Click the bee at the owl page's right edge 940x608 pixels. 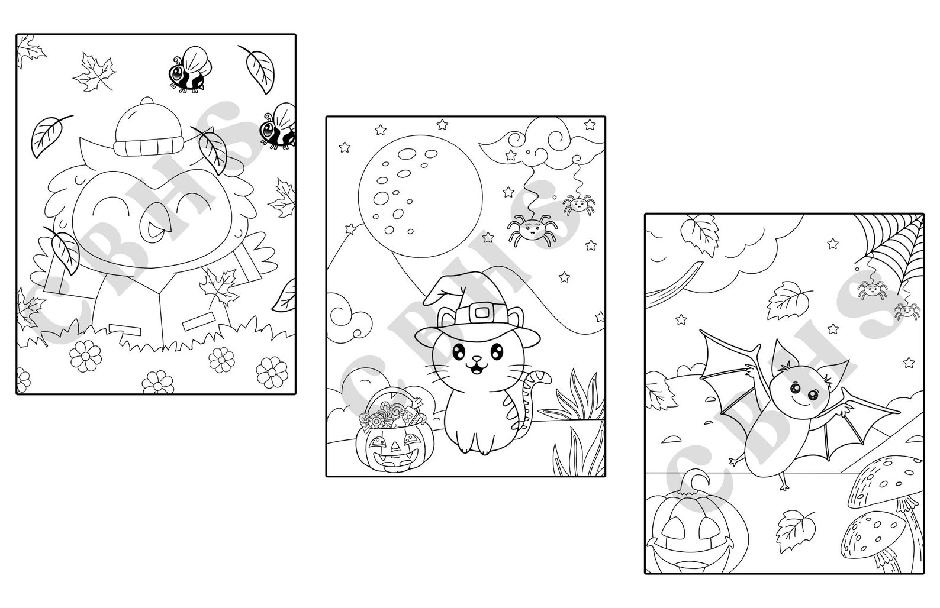(278, 126)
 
